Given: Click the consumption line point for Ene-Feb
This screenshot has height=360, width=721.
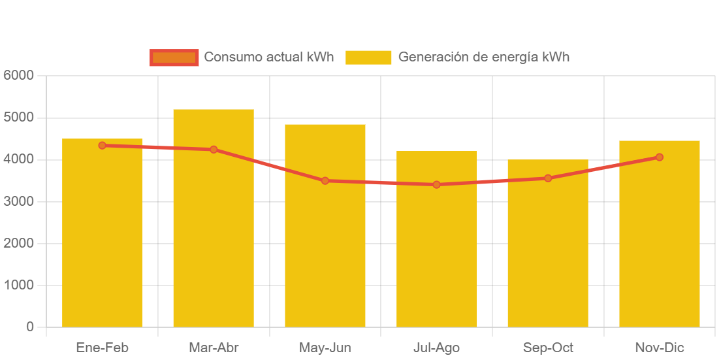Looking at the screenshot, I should (x=103, y=146).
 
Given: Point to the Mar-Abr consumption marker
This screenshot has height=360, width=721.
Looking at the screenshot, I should (x=214, y=150).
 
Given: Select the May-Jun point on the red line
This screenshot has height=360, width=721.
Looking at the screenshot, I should (x=325, y=180).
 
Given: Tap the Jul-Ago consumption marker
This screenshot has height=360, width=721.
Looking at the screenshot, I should (x=436, y=184).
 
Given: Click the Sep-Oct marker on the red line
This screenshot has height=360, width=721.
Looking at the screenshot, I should (x=548, y=178).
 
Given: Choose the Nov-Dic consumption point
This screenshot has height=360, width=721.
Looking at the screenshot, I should (x=660, y=157).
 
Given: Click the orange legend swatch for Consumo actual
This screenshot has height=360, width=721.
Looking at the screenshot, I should (x=174, y=57).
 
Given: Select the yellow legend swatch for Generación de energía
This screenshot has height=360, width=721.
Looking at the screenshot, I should (x=368, y=57).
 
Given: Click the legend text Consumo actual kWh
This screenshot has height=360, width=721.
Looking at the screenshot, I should (x=268, y=57).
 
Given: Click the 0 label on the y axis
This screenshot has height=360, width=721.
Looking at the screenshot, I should (x=30, y=327).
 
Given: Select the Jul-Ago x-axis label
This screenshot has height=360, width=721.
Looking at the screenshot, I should (x=436, y=348).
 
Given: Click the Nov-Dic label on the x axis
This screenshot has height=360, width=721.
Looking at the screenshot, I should (x=660, y=348).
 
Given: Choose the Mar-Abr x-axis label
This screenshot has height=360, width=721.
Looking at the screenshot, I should (x=214, y=348).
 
